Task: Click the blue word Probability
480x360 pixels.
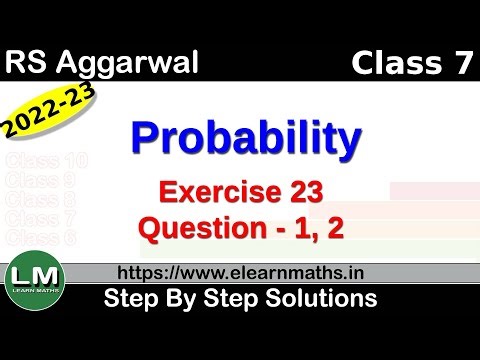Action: [246, 141]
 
